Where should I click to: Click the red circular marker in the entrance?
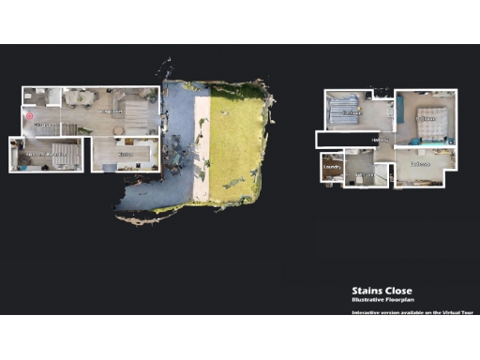click(29, 117)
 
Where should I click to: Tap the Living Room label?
click(113, 112)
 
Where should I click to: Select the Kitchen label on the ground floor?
click(125, 153)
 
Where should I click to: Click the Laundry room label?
click(331, 167)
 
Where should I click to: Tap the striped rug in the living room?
click(137, 116)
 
